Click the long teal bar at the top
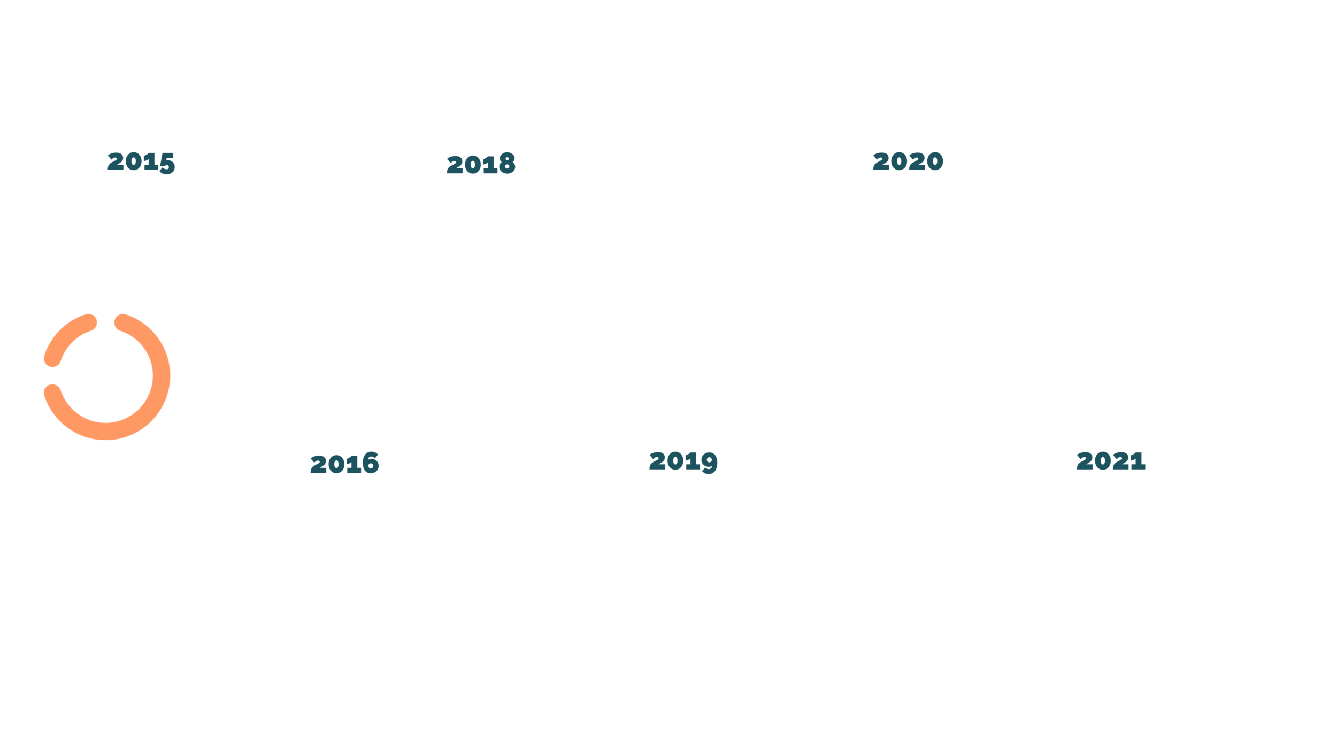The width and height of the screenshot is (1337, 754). [x=749, y=170]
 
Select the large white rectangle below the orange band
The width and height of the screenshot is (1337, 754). [x=695, y=409]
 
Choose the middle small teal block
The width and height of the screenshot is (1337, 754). [x=680, y=466]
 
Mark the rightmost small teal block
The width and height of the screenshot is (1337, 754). [x=1111, y=466]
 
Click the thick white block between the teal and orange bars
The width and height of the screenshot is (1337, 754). [x=749, y=251]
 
